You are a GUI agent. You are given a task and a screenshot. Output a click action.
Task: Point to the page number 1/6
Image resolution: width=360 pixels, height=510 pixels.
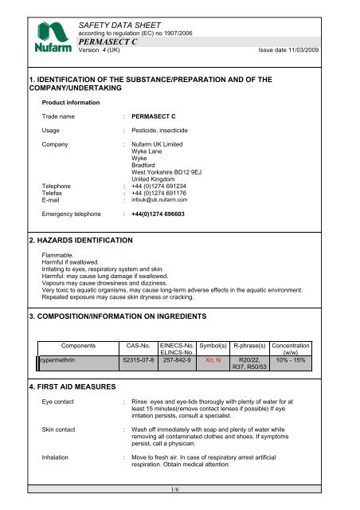pyautogui.click(x=180, y=503)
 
